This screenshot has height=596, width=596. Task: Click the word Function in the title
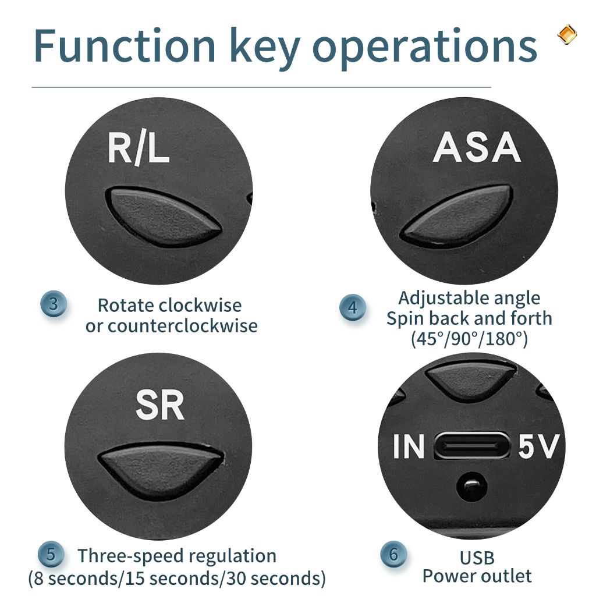[125, 45]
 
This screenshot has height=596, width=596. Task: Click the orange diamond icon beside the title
[567, 34]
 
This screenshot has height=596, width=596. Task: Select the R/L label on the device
[139, 148]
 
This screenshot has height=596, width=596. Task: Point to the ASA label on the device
[477, 147]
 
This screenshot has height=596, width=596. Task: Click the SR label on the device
[160, 405]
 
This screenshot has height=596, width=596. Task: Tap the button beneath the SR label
[161, 470]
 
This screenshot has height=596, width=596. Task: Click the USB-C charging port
[471, 445]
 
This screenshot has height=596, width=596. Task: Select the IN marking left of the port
[409, 446]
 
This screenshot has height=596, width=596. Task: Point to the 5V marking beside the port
[538, 446]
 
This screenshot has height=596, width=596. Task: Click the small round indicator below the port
[471, 486]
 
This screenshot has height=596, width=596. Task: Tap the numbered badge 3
[54, 304]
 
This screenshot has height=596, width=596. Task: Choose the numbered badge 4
[353, 307]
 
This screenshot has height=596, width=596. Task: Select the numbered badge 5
[51, 554]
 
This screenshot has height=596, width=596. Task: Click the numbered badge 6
[394, 554]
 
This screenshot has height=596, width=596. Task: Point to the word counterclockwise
[183, 326]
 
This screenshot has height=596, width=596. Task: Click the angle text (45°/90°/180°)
[470, 339]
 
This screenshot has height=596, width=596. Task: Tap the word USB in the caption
[477, 558]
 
